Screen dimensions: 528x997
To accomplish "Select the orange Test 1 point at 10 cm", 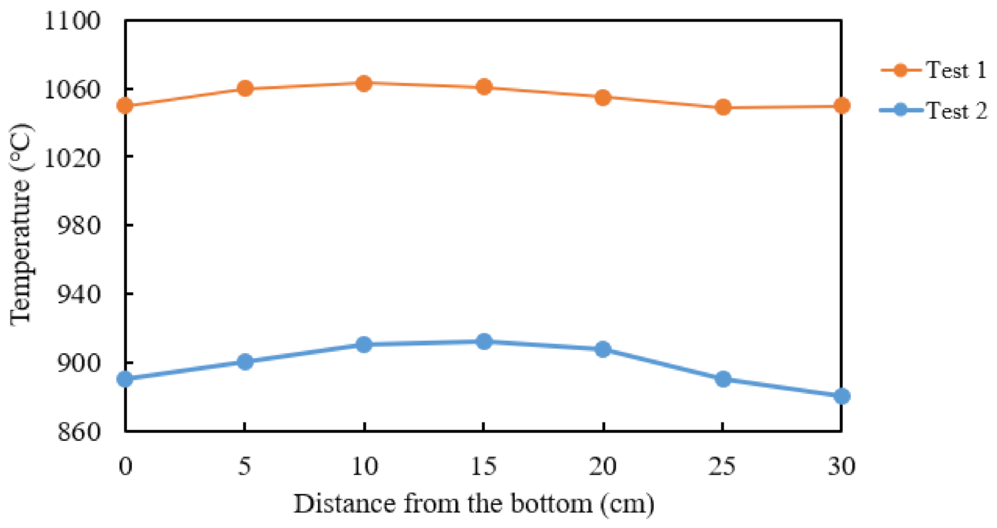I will (x=364, y=83).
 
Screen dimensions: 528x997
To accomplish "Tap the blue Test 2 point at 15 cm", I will (x=484, y=342).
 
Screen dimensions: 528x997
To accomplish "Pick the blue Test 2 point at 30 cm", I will (x=841, y=396).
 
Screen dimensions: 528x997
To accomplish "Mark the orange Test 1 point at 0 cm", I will (x=125, y=106).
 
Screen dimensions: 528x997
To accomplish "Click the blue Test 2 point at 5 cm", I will (x=245, y=362).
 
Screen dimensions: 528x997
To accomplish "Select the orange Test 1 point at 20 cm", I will (x=603, y=97).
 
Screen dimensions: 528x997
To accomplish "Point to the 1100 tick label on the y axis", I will (x=73, y=21).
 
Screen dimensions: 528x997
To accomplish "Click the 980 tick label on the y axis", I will (x=80, y=226).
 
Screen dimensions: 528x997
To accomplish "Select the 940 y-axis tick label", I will (x=80, y=294).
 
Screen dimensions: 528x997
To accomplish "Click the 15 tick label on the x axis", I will (x=484, y=466).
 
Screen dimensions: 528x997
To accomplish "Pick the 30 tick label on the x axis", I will (x=841, y=466).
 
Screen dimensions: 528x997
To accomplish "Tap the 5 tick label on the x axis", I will (x=244, y=466).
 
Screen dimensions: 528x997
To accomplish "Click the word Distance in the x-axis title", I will (x=345, y=504).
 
